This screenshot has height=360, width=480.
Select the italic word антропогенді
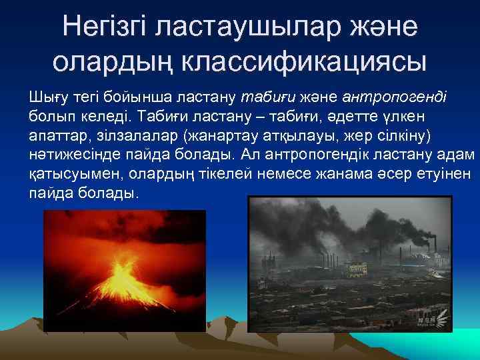pos(399,97)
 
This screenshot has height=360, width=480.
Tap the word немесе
pos(250,175)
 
